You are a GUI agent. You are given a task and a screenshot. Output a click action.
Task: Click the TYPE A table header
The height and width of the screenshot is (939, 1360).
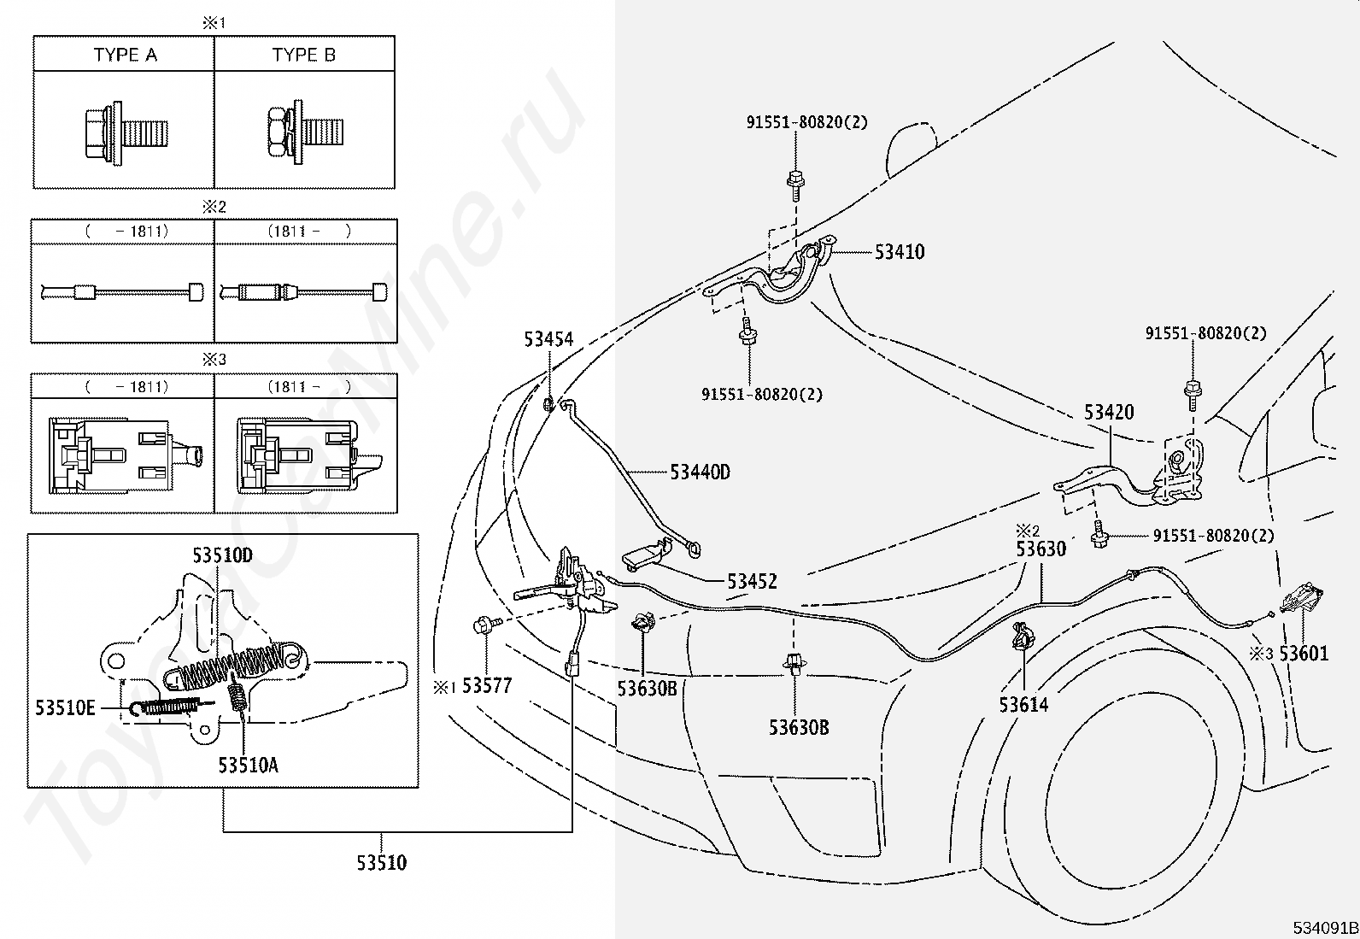click(x=125, y=55)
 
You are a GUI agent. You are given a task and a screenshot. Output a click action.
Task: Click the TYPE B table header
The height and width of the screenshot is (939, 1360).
click(x=303, y=55)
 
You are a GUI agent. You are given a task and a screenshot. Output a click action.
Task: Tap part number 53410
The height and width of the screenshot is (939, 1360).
click(x=900, y=251)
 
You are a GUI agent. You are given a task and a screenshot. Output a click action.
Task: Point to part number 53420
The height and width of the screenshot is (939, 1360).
click(x=1109, y=413)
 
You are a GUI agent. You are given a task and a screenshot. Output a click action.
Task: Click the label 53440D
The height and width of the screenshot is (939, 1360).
click(x=700, y=472)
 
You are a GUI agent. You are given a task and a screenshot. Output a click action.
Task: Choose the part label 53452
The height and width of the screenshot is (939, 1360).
click(x=752, y=581)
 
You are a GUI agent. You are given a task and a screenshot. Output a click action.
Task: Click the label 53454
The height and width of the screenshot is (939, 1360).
click(x=548, y=339)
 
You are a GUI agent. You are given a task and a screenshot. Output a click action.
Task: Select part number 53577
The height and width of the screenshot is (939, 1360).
click(x=487, y=686)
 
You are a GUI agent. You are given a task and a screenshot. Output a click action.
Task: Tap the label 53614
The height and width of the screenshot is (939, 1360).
click(x=1023, y=705)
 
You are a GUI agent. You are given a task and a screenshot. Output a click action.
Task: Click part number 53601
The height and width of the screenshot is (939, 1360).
click(x=1304, y=654)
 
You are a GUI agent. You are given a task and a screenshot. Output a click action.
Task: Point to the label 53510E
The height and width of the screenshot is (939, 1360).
click(x=65, y=707)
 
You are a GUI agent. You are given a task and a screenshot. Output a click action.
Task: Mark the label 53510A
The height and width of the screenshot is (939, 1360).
click(x=249, y=766)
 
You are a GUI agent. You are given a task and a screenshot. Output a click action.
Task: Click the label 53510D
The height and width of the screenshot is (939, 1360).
click(x=222, y=555)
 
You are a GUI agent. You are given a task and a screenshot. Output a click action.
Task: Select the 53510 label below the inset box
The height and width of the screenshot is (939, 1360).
click(x=381, y=862)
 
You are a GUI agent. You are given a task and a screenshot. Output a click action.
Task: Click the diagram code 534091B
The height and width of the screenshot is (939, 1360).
click(x=1325, y=928)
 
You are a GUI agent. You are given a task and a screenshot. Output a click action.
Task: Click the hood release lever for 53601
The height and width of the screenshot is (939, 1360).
click(x=1301, y=599)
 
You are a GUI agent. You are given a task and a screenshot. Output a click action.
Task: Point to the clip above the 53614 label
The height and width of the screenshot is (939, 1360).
click(x=1023, y=637)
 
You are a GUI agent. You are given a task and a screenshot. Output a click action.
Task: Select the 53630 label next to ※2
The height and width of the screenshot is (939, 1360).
click(x=1041, y=549)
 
